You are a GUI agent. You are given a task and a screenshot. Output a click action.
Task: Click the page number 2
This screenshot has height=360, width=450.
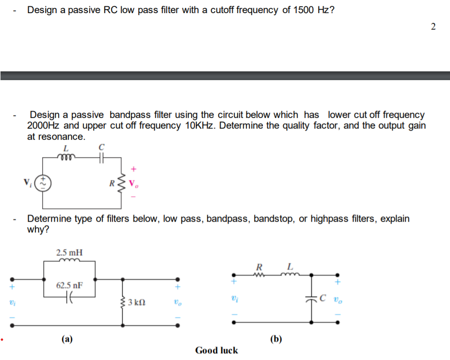tap(433, 27)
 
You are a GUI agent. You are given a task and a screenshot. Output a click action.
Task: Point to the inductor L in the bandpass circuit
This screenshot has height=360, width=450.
tap(65, 156)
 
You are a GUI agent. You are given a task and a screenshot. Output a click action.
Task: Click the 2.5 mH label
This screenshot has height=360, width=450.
tap(69, 252)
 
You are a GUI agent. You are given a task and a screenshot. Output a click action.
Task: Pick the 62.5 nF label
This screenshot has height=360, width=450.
tap(69, 285)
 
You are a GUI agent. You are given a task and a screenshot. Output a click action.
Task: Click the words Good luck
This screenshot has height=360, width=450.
tap(216, 350)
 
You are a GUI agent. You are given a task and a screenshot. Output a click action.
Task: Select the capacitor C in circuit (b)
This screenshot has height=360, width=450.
tap(311, 299)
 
